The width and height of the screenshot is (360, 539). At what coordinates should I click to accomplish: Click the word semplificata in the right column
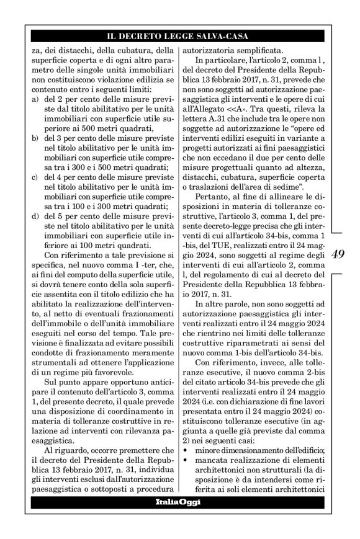point(253,51)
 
